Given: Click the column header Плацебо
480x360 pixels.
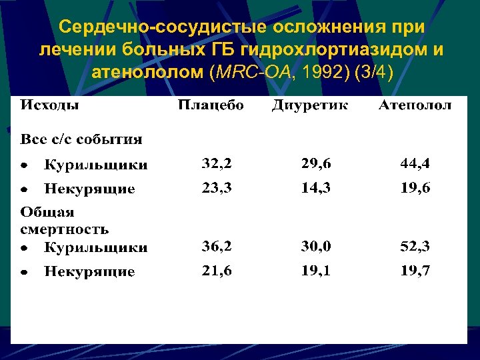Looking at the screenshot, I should point(210,105).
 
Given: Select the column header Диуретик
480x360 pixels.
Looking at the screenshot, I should point(309,105).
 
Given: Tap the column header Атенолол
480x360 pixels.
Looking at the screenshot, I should point(415,105).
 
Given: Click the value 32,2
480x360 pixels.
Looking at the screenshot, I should point(217,163).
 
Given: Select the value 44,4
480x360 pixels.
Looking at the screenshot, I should point(415,163).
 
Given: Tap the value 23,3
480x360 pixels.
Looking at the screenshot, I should point(217,188).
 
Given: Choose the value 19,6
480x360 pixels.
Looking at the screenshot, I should point(415,188).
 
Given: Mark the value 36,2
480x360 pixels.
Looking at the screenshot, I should point(217,247).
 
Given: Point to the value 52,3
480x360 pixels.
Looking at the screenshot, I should point(415,247).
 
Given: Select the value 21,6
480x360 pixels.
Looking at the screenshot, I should point(217,271).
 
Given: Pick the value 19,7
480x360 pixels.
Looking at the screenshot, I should point(415,271).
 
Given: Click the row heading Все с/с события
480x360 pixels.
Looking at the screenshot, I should point(81,139).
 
